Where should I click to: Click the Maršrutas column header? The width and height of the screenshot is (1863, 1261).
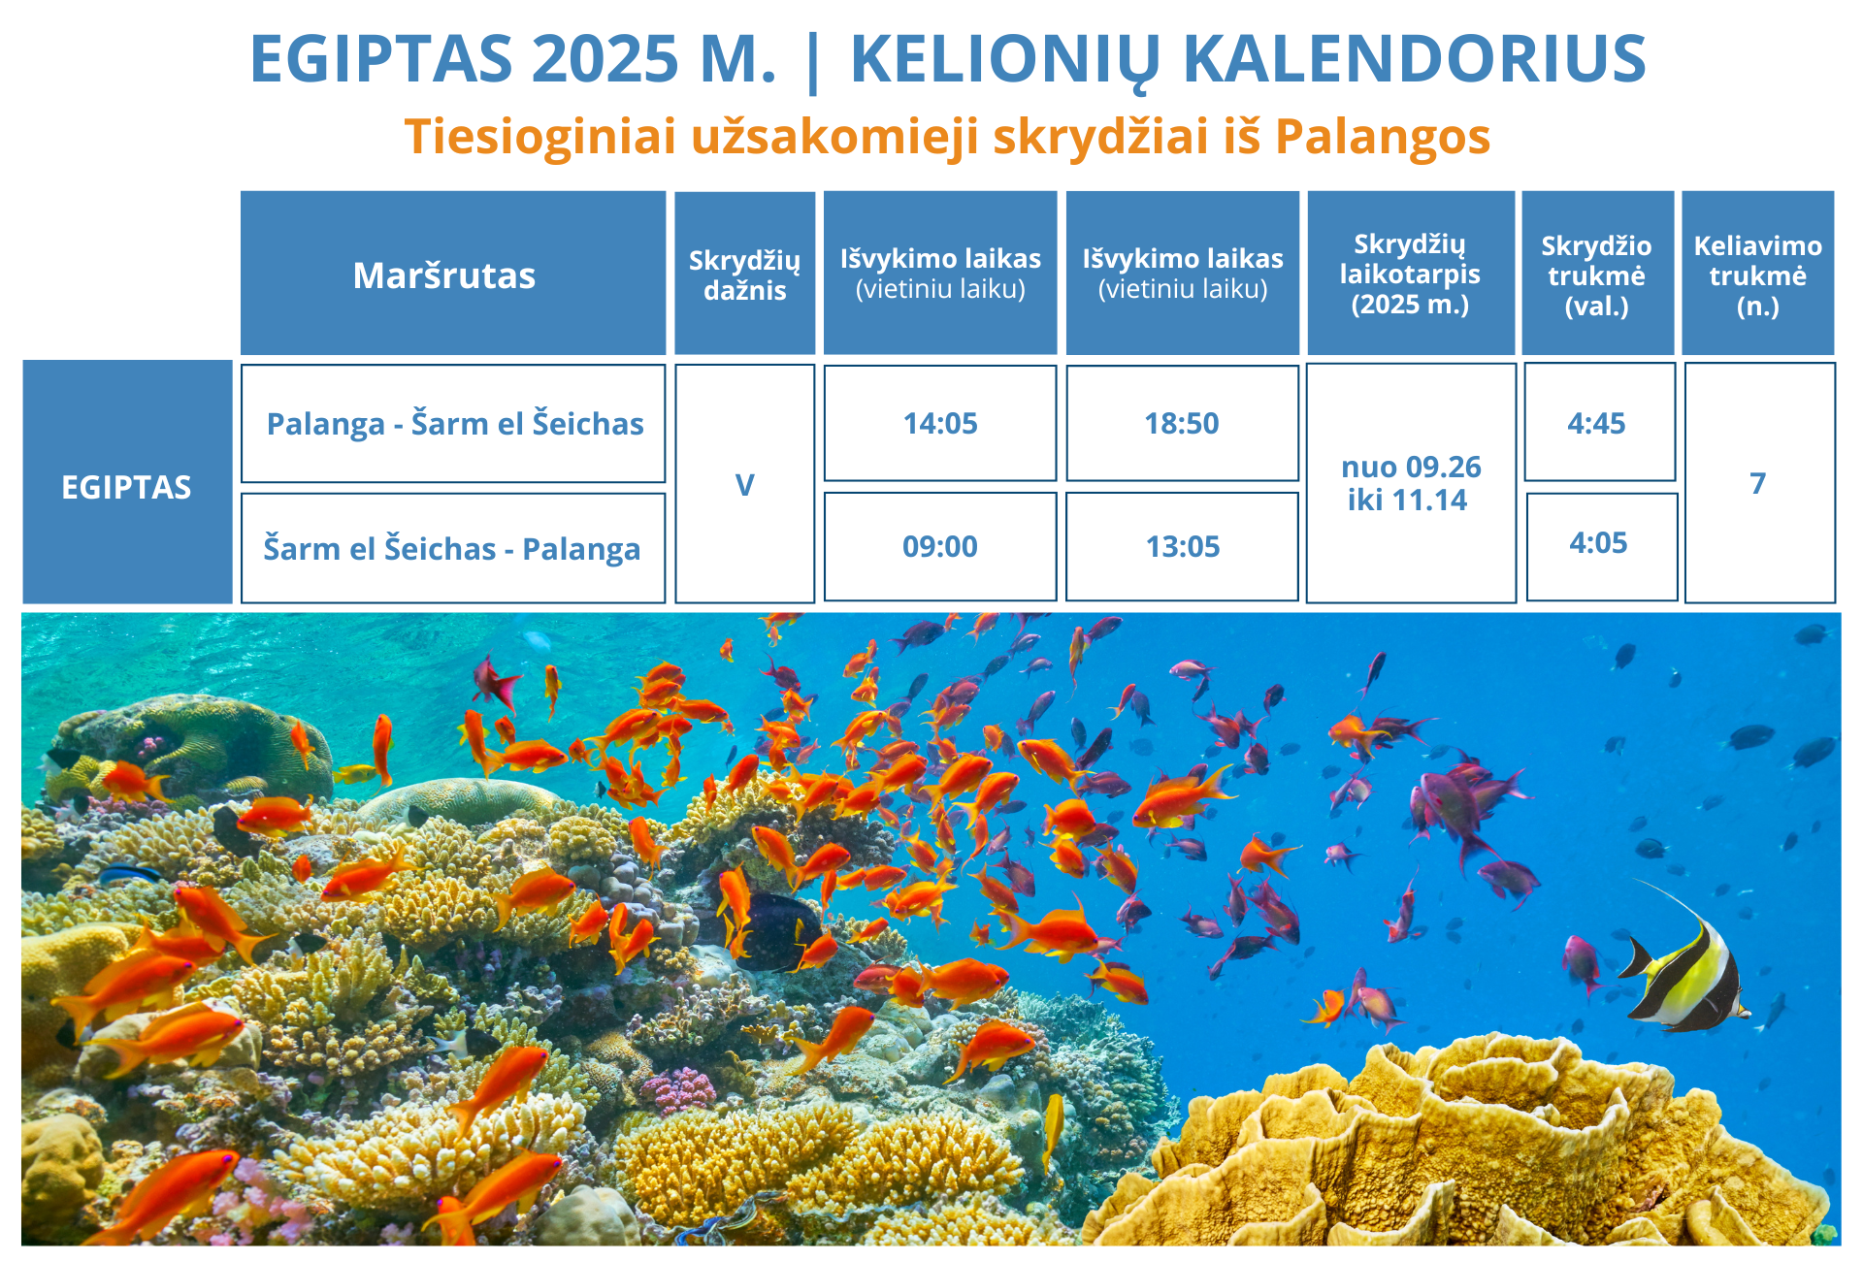coord(453,274)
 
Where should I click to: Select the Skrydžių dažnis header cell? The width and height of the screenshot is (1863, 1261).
coord(745,275)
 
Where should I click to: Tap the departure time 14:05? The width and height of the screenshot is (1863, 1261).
coord(940,423)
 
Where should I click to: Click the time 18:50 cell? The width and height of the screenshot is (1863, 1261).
coord(1182,423)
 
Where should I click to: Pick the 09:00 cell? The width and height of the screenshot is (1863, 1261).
coord(940,547)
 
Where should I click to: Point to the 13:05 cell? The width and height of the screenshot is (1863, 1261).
coord(1182,547)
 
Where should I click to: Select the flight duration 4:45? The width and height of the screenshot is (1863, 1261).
coord(1599,423)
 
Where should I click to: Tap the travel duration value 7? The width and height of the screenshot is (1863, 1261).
coord(1759,483)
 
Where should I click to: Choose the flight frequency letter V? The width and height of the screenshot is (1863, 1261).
coord(745,484)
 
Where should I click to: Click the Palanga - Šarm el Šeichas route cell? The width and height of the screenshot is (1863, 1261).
coord(453,423)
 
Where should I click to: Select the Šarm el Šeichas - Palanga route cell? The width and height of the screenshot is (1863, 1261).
coord(453,548)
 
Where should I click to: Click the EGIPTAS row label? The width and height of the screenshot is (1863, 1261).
coord(127,482)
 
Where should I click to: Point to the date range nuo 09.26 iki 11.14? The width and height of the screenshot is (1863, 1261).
coord(1411,483)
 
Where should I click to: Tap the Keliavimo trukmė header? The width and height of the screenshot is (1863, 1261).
coord(1757,274)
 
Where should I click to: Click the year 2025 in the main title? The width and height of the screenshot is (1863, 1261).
coord(605,59)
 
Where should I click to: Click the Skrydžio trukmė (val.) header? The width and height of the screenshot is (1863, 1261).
coord(1597,274)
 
